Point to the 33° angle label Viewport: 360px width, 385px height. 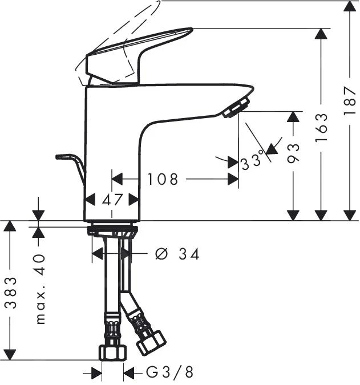[252, 161]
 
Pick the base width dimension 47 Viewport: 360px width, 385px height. [112, 200]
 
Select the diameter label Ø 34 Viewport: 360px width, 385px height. [177, 254]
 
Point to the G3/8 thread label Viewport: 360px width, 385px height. [169, 373]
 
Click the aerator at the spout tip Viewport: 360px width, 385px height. [237, 107]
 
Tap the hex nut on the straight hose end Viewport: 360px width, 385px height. [112, 351]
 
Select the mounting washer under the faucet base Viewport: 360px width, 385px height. [112, 231]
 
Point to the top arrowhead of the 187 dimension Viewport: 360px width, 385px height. [350, 7]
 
